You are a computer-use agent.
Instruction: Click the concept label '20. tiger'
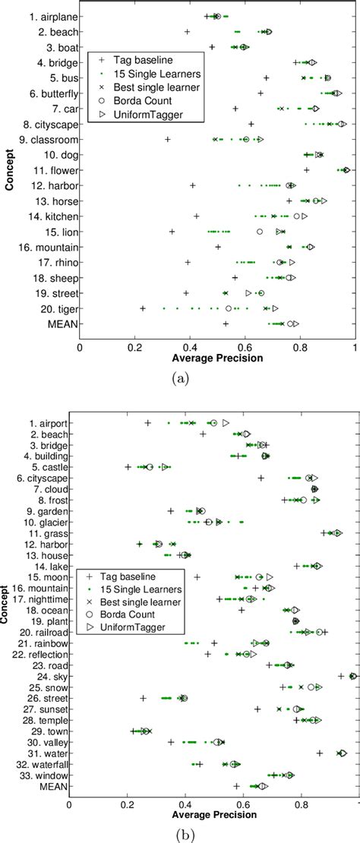coord(53,308)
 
